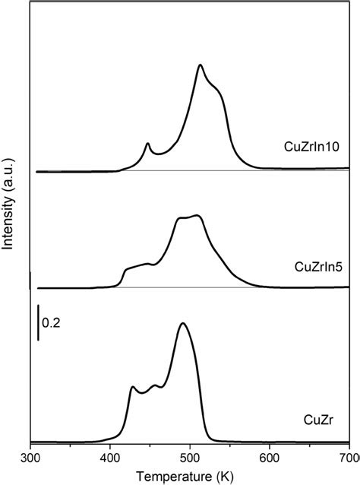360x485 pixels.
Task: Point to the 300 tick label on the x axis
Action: (30, 458)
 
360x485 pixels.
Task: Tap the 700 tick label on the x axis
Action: (348, 458)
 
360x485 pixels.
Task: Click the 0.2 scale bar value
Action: (51, 324)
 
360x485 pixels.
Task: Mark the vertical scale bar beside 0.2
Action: (39, 323)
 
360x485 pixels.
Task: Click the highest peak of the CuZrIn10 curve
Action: (201, 65)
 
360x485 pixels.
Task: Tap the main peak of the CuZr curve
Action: (182, 323)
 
